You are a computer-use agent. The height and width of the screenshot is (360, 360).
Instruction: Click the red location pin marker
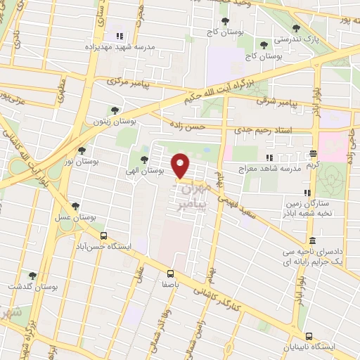tap(181, 165)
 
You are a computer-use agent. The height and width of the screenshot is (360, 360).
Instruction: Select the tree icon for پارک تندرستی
tap(295, 29)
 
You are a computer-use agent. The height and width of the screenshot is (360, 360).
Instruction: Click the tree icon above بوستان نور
tap(82, 150)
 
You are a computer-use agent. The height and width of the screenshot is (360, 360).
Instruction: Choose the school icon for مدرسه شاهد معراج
tap(269, 157)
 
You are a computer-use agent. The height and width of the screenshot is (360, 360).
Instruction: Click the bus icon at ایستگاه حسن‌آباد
tap(104, 236)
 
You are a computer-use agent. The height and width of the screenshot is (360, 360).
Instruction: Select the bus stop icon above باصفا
tap(171, 274)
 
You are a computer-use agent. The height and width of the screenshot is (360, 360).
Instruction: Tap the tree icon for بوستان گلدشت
tap(32, 276)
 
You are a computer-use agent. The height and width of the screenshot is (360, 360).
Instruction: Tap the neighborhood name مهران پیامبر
tap(194, 195)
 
